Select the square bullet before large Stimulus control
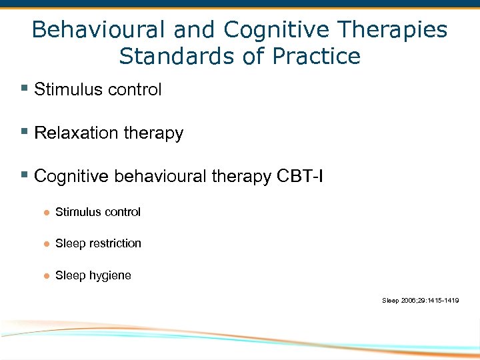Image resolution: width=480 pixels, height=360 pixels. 24,89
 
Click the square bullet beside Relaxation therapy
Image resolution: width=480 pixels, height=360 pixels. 24,132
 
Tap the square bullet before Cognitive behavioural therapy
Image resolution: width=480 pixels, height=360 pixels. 24,175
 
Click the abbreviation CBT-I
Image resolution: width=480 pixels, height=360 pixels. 299,176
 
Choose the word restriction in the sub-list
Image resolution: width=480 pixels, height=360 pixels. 115,243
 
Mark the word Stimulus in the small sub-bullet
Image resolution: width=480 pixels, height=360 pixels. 76,212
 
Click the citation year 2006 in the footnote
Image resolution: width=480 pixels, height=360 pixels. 407,301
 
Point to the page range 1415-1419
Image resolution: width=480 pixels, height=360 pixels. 443,301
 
